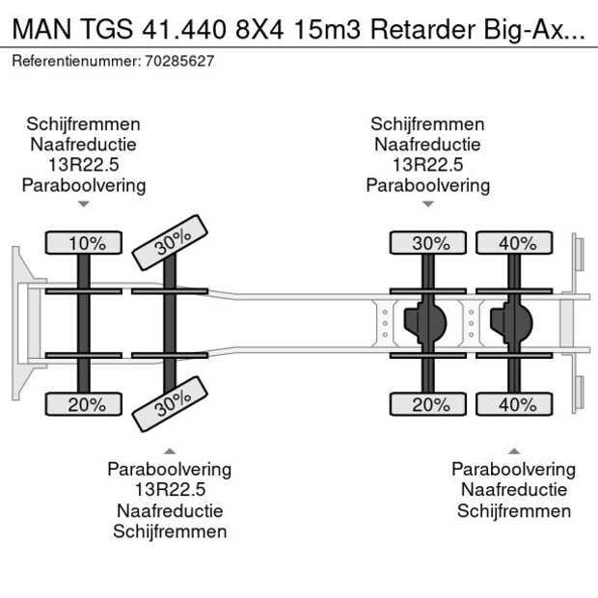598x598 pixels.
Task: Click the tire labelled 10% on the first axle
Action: tap(87, 243)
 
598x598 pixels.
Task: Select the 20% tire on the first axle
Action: tap(87, 405)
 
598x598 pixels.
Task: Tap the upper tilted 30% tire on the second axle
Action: tap(171, 245)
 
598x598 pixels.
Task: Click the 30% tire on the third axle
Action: tap(431, 243)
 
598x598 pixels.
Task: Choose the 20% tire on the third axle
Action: tap(431, 405)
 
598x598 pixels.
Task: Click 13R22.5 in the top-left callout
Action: tap(84, 165)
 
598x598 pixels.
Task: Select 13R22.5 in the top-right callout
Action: tap(428, 165)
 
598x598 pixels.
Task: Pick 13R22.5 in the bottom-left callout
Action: tap(170, 490)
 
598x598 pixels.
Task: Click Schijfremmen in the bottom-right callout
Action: tap(514, 511)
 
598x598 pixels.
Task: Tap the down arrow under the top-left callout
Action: tap(84, 204)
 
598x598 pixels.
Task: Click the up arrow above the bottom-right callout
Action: tap(514, 449)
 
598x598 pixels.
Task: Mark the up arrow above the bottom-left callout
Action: tap(170, 449)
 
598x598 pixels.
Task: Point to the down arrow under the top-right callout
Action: tap(428, 204)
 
